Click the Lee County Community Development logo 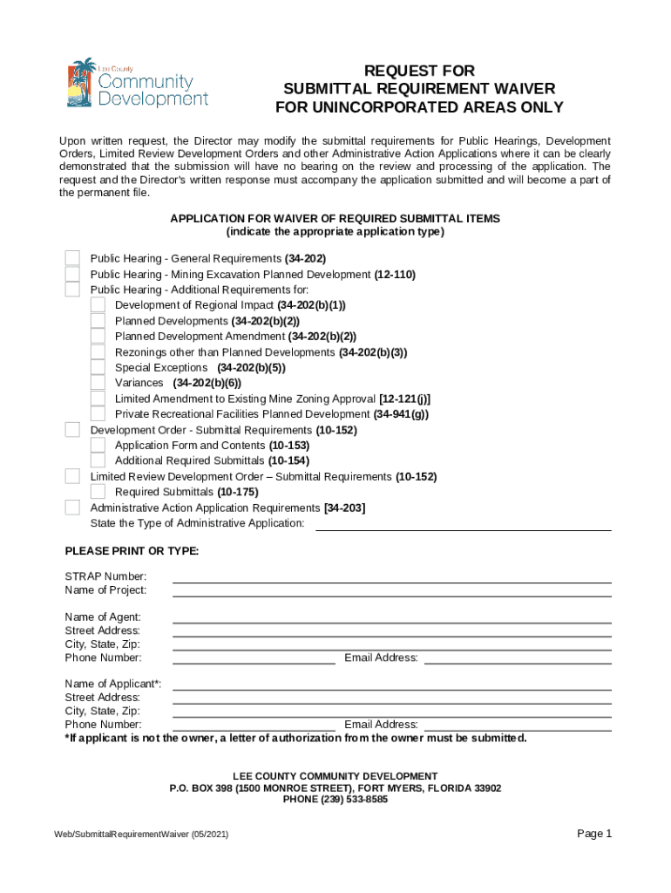click(x=138, y=85)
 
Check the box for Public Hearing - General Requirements click(x=73, y=258)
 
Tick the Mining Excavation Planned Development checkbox click(x=73, y=274)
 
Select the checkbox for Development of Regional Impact click(x=98, y=304)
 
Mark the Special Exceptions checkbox click(x=98, y=367)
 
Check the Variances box click(x=98, y=383)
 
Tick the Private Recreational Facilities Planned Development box click(x=98, y=414)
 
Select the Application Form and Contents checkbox click(x=98, y=445)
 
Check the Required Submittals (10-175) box click(x=98, y=492)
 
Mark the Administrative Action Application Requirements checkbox click(x=73, y=508)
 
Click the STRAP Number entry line click(x=391, y=577)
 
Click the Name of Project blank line click(x=391, y=591)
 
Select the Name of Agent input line click(x=391, y=617)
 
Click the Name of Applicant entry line click(x=391, y=685)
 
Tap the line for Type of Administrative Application click(x=463, y=524)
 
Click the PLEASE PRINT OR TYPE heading click(x=132, y=551)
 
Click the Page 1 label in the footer click(x=594, y=834)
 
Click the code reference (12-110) click(x=395, y=274)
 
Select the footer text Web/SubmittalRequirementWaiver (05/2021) click(x=141, y=835)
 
